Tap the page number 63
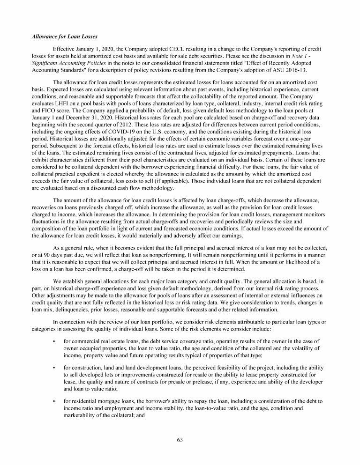[x=180, y=439]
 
